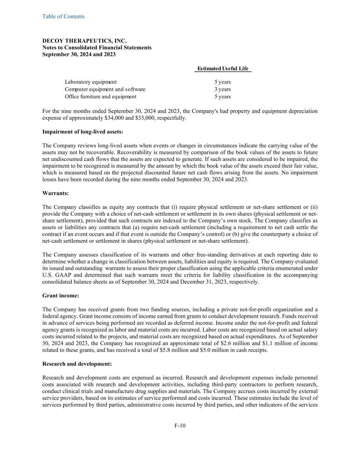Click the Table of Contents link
[63, 16]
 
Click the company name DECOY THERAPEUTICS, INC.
[84, 41]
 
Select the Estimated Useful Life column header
[223, 69]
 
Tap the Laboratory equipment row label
[90, 82]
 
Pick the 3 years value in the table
[222, 89]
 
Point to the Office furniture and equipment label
[100, 97]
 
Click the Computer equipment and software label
[105, 89]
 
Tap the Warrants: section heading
[55, 193]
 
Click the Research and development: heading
[77, 364]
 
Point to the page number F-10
[180, 425]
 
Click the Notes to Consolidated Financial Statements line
[97, 47]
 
